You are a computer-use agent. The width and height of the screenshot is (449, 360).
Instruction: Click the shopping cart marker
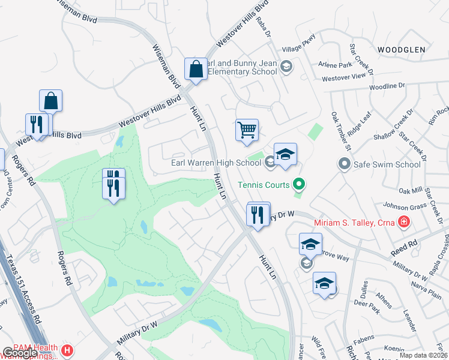click(247, 130)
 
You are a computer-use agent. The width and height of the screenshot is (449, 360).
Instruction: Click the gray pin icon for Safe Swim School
click(344, 163)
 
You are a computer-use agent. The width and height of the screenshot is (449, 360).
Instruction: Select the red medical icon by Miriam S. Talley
click(404, 223)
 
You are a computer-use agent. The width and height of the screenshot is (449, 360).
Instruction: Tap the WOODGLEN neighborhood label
click(402, 49)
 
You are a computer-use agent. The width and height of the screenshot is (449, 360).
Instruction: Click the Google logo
click(20, 353)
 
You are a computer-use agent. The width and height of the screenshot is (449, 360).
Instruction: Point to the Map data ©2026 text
click(423, 355)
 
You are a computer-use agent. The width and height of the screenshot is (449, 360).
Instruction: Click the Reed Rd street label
click(403, 246)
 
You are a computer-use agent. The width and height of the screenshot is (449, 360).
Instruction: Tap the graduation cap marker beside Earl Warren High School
click(285, 153)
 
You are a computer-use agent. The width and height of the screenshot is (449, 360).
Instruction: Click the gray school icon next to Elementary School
click(286, 67)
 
